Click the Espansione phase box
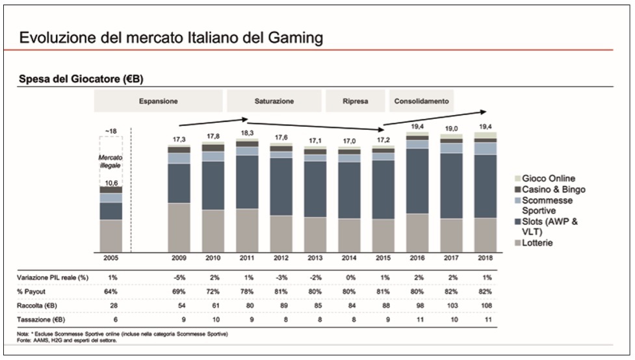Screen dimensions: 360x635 (158, 101)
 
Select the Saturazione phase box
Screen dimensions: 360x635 (274, 101)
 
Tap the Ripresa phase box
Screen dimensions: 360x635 (356, 101)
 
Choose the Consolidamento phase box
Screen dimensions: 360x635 (421, 101)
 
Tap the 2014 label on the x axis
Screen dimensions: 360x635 (349, 257)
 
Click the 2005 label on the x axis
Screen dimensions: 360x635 (111, 257)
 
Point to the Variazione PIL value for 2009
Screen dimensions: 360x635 (179, 277)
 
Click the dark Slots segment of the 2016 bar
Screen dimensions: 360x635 (417, 181)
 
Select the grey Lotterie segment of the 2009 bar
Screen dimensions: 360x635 (179, 227)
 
